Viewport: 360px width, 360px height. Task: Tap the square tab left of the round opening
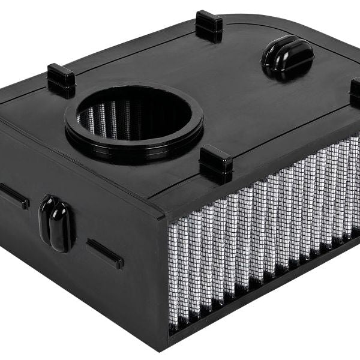coord(61,79)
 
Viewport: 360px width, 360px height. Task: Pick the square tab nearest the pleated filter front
coord(215,163)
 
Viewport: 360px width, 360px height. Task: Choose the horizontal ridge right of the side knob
coord(105,253)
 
